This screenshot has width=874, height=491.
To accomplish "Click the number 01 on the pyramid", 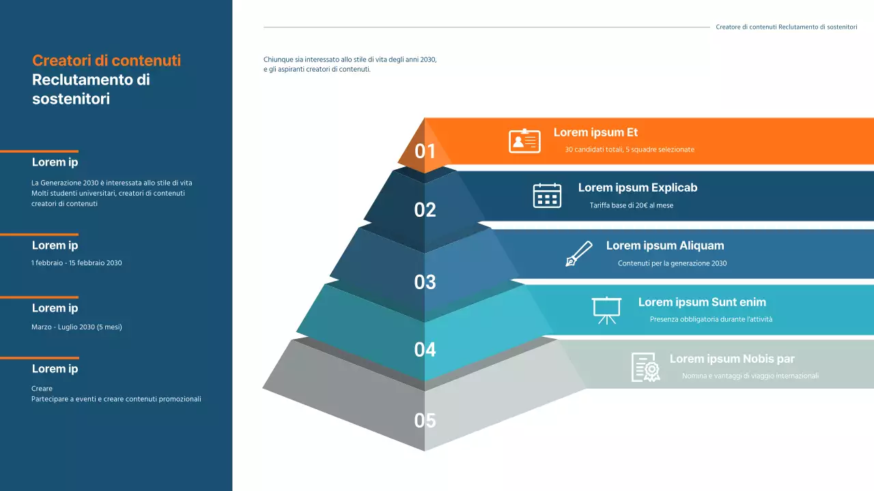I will tap(425, 151).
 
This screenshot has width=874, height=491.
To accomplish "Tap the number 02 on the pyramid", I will tap(425, 210).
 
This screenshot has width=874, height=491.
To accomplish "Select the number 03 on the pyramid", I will tap(425, 282).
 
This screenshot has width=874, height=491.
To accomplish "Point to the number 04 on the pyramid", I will tap(425, 350).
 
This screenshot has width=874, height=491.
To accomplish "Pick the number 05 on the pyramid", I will tap(425, 421).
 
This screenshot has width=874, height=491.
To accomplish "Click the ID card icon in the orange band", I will tap(524, 140).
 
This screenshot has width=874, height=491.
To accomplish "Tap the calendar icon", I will tap(547, 196).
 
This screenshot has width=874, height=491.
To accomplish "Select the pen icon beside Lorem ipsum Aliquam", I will tap(579, 254).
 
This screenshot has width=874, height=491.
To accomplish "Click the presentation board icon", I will tap(606, 310).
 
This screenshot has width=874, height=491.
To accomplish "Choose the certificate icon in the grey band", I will tap(645, 367).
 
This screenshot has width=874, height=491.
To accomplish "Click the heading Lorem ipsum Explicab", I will tap(638, 188).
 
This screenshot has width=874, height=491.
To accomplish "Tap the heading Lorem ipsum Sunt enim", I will tap(702, 302).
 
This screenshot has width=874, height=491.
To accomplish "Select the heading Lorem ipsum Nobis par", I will tap(732, 359).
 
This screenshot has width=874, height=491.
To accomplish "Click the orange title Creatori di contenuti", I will tap(107, 60).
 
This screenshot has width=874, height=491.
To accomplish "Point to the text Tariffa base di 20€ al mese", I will tap(632, 205).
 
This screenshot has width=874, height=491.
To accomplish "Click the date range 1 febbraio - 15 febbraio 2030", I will tap(76, 263).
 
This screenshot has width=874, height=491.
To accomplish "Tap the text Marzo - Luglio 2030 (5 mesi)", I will tap(76, 327).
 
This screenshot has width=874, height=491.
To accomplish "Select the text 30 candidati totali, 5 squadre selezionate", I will tap(630, 149).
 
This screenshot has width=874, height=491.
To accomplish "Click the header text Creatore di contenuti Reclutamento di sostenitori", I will tap(786, 27).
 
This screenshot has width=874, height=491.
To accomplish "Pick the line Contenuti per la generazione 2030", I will tap(672, 263).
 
